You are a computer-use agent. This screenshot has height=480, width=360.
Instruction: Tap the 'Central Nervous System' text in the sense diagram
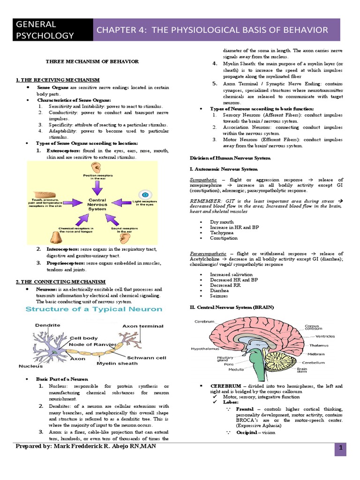pyautogui.click(x=97, y=204)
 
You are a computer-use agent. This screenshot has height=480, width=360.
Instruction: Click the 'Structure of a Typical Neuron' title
pyautogui.click(x=94, y=309)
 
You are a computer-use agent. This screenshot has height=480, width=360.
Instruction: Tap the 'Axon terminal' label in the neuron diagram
pyautogui.click(x=143, y=326)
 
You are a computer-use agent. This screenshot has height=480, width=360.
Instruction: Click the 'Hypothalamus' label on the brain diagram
pyautogui.click(x=205, y=349)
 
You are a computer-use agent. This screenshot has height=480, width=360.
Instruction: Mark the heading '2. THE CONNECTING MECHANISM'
pyautogui.click(x=61, y=282)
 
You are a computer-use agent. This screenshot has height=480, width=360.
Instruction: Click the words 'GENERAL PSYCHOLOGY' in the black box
pyautogui.click(x=45, y=30)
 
